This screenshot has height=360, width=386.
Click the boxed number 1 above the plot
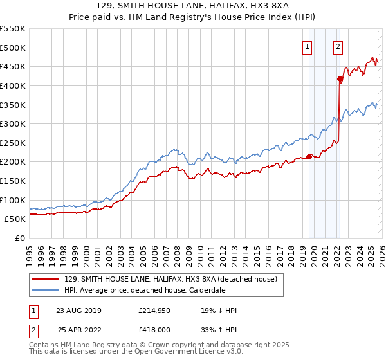307,46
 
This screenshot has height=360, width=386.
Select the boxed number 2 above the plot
338,46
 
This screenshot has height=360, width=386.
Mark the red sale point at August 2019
309,156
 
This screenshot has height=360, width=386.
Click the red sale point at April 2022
339,79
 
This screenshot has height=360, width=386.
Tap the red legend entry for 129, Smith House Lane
170,279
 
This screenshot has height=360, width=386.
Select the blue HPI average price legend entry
152,290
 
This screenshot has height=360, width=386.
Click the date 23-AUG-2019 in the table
78,310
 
